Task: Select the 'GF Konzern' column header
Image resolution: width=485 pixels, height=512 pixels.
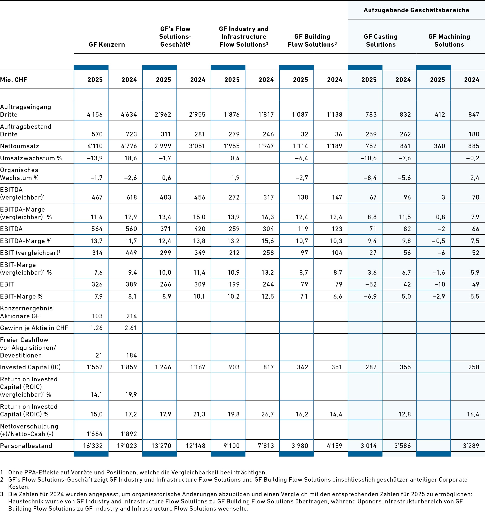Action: [107, 45]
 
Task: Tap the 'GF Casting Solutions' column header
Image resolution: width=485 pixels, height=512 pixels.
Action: [381, 41]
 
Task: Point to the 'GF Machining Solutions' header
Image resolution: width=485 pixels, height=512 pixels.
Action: [449, 41]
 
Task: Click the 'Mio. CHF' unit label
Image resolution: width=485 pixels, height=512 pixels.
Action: [14, 80]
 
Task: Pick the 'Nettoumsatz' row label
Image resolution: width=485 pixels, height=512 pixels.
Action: [20, 146]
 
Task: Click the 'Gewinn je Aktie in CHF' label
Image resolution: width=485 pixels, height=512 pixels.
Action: [34, 328]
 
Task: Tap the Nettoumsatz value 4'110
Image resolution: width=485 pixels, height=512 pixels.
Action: [95, 146]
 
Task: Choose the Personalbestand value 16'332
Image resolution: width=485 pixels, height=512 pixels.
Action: [93, 446]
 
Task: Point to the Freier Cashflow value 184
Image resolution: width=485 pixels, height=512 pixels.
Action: [131, 355]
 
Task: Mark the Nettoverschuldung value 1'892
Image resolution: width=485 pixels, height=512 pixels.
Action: [129, 434]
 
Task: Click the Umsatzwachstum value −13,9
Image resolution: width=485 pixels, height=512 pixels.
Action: [95, 158]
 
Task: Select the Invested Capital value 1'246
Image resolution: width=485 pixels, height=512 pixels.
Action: [163, 367]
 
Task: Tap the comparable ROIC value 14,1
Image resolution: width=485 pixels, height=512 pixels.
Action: [96, 395]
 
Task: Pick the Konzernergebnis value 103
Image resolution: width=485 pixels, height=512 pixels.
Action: [97, 316]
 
